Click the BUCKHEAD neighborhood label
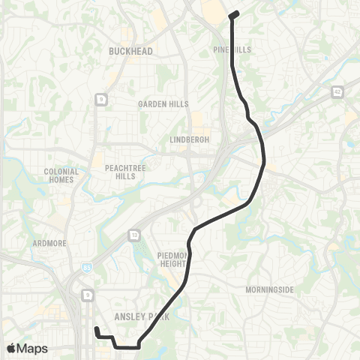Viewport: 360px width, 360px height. coord(130,51)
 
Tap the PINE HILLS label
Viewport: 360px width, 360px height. coord(232,49)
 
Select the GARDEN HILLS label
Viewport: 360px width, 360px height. coord(163,104)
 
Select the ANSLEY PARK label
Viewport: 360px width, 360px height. coord(142,316)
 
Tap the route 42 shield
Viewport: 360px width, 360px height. coord(337,90)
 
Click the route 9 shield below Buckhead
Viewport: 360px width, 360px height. coord(99,98)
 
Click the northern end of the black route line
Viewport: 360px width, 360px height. coord(233,13)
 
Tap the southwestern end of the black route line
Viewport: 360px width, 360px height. coord(96,328)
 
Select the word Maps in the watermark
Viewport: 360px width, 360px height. coord(33,348)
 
